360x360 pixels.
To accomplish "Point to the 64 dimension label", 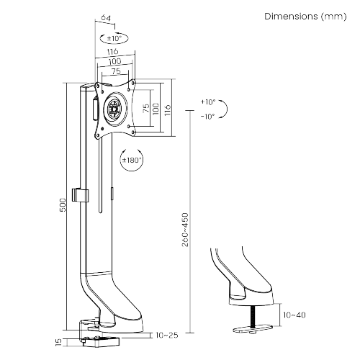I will pyautogui.click(x=105, y=18).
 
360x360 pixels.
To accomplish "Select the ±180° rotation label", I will pyautogui.click(x=131, y=161).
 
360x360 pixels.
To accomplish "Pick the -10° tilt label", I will pyautogui.click(x=208, y=117).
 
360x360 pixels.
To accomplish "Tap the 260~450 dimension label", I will pyautogui.click(x=186, y=230).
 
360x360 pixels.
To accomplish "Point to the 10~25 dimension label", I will pyautogui.click(x=167, y=335).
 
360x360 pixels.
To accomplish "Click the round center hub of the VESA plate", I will pyautogui.click(x=114, y=109).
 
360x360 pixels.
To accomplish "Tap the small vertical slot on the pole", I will pyautogui.click(x=112, y=195).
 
